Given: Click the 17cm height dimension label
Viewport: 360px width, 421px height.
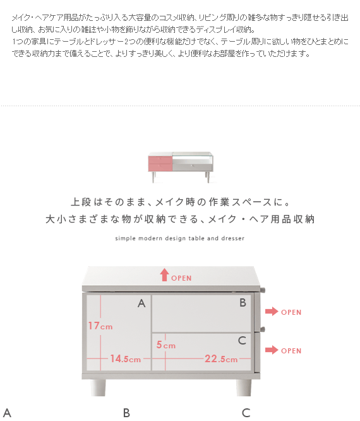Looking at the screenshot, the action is click(100, 326).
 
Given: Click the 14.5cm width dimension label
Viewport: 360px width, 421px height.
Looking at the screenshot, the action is click(126, 358).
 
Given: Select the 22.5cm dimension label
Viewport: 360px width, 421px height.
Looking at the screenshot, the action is click(221, 358).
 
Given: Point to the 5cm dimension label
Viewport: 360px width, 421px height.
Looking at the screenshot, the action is click(165, 345).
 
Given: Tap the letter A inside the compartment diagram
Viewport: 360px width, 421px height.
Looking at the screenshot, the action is click(141, 303).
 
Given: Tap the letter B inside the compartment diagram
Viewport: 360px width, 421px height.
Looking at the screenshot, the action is click(243, 303).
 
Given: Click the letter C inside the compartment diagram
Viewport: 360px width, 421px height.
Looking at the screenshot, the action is click(242, 341).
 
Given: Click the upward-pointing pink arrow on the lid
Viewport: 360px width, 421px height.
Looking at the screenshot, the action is click(164, 275).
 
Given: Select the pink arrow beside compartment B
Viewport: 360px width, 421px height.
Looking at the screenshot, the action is click(272, 312).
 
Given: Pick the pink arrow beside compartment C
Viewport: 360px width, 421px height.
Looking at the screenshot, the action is click(272, 350).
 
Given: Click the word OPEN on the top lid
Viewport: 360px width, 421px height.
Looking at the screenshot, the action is click(181, 278).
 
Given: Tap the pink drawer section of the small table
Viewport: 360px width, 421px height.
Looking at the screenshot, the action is click(160, 164).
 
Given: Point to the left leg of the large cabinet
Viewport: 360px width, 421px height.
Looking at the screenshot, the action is click(98, 387).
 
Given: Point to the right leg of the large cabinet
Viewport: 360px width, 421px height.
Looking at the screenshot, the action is click(244, 387).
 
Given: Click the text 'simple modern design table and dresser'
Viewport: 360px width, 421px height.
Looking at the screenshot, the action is click(180, 238).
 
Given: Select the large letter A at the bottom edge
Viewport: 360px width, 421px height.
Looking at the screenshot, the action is click(7, 413).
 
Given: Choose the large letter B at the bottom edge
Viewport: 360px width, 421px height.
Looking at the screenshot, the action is click(126, 413).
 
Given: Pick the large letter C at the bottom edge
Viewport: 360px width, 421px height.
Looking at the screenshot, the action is click(246, 413).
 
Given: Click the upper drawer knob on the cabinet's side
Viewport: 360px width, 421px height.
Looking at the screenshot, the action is click(263, 290).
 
